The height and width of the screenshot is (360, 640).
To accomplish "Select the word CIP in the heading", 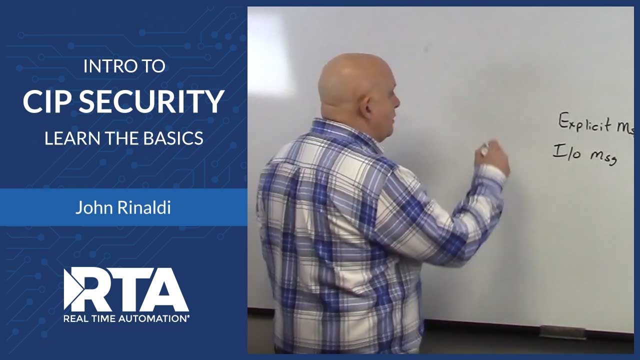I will pyautogui.click(x=47, y=101).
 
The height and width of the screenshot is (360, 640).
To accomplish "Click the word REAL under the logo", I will pyautogui.click(x=74, y=317).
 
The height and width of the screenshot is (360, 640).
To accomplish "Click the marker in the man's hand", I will pyautogui.click(x=483, y=147).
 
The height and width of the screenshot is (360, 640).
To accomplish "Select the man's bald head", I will pyautogui.click(x=352, y=80).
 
